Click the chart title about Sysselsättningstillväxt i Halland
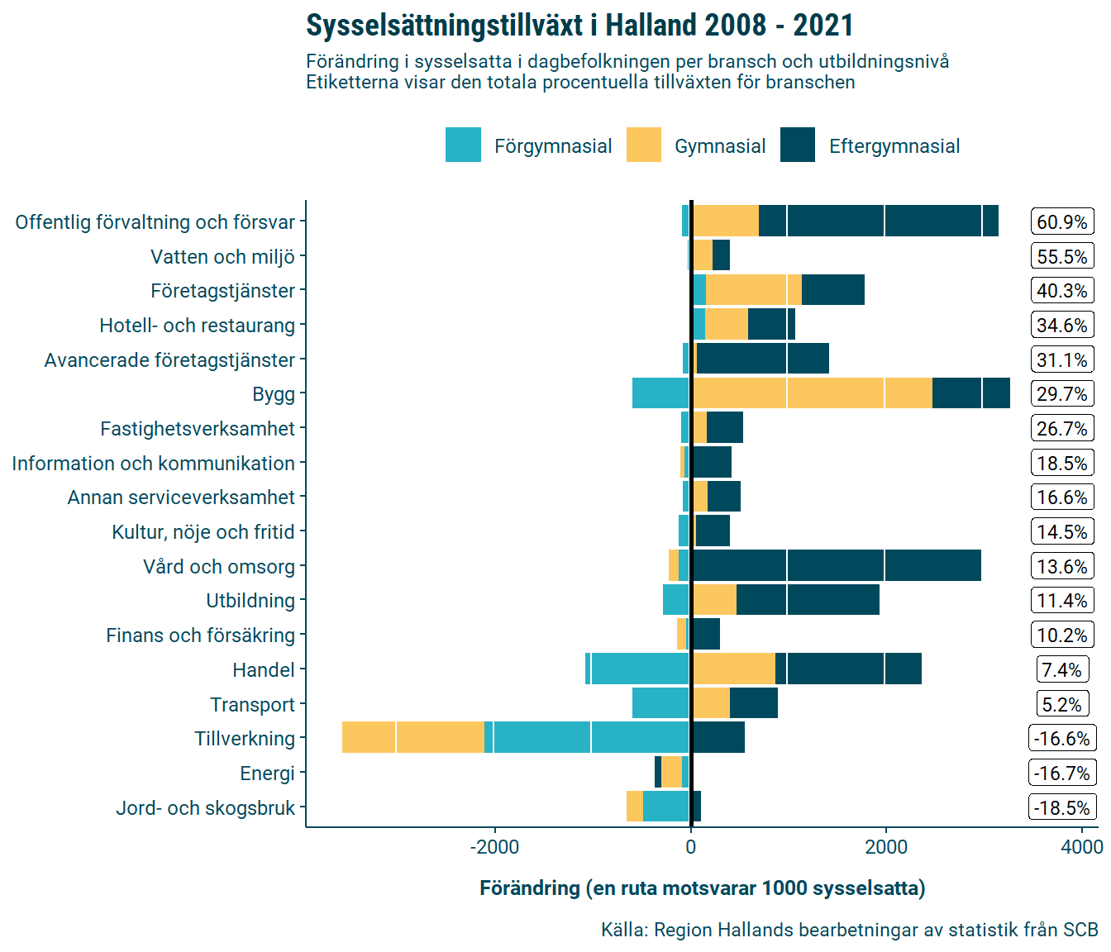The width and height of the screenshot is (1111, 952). pyautogui.click(x=579, y=26)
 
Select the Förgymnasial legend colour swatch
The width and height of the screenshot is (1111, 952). pyautogui.click(x=463, y=145)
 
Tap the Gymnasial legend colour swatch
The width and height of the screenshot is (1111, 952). pyautogui.click(x=644, y=145)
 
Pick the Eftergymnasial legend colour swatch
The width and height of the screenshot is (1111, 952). pyautogui.click(x=798, y=145)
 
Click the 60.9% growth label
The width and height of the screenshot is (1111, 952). pyautogui.click(x=1062, y=222)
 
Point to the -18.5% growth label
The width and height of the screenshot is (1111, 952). pyautogui.click(x=1062, y=808)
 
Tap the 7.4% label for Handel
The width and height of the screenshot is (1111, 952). pyautogui.click(x=1062, y=670)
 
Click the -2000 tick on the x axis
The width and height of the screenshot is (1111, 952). pyautogui.click(x=494, y=847)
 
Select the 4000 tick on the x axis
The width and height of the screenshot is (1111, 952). pyautogui.click(x=1082, y=847)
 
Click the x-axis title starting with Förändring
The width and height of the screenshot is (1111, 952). pyautogui.click(x=702, y=888)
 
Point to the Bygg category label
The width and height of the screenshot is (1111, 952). pyautogui.click(x=274, y=394)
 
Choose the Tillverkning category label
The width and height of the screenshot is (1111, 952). pyautogui.click(x=245, y=739)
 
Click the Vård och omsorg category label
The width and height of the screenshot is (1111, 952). pyautogui.click(x=219, y=567)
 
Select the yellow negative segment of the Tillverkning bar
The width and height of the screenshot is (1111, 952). pyautogui.click(x=412, y=737)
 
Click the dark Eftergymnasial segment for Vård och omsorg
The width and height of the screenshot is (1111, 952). pyautogui.click(x=835, y=565)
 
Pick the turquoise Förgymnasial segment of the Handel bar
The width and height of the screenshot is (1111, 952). pyautogui.click(x=638, y=669)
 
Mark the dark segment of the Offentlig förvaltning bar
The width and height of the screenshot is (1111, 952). pyautogui.click(x=878, y=221)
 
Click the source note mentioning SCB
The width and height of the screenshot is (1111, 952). pyautogui.click(x=849, y=930)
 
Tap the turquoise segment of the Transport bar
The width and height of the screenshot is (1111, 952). pyautogui.click(x=660, y=703)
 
